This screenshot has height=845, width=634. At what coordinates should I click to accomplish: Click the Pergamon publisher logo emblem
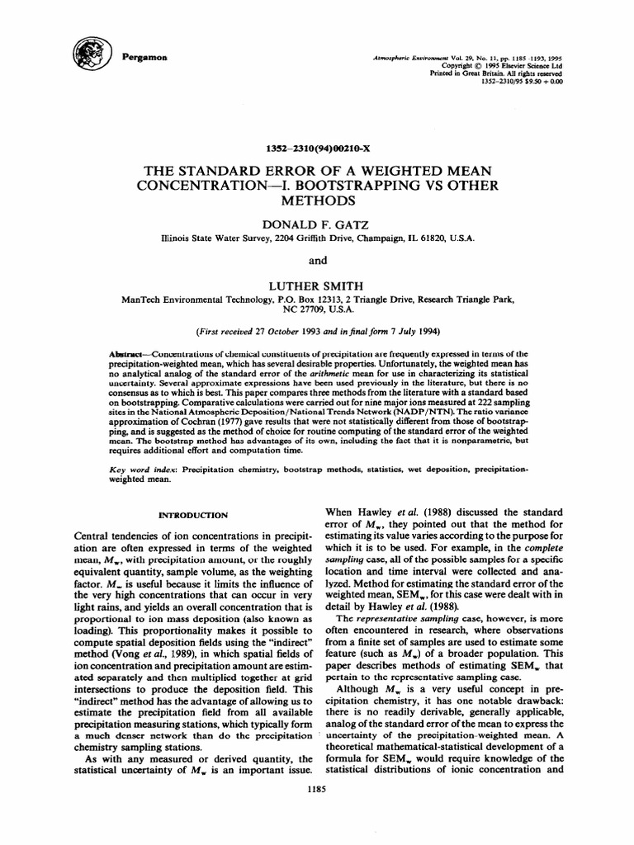(88, 55)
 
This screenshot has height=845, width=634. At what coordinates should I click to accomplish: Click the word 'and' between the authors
(318, 261)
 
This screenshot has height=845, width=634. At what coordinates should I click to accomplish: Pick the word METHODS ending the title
(318, 201)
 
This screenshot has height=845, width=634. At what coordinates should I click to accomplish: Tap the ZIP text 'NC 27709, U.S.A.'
(318, 309)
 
